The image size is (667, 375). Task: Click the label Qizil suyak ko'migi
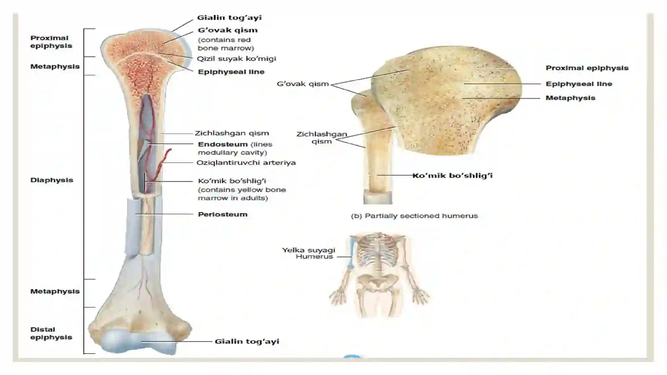pyautogui.click(x=236, y=59)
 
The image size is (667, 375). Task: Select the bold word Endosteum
pyautogui.click(x=223, y=144)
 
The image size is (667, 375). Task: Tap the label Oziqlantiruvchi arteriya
pyautogui.click(x=246, y=163)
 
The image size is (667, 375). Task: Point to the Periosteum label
pyautogui.click(x=223, y=214)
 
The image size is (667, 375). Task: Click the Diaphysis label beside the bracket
pyautogui.click(x=52, y=180)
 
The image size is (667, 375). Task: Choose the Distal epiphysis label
pyautogui.click(x=51, y=333)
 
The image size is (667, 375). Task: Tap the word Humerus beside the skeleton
pyautogui.click(x=314, y=257)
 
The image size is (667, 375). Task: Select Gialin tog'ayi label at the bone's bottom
pyautogui.click(x=247, y=341)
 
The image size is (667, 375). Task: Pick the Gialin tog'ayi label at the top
pyautogui.click(x=229, y=18)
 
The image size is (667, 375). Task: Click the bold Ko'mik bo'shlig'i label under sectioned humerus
pyautogui.click(x=452, y=176)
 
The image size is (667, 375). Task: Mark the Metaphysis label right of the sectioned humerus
pyautogui.click(x=570, y=98)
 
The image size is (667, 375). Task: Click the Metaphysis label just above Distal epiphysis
pyautogui.click(x=55, y=291)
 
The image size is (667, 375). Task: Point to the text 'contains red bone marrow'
pyautogui.click(x=226, y=44)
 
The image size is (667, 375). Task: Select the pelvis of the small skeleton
pyautogui.click(x=378, y=282)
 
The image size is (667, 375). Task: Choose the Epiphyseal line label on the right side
pyautogui.click(x=579, y=84)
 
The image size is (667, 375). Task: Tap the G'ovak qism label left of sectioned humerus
pyautogui.click(x=303, y=84)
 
